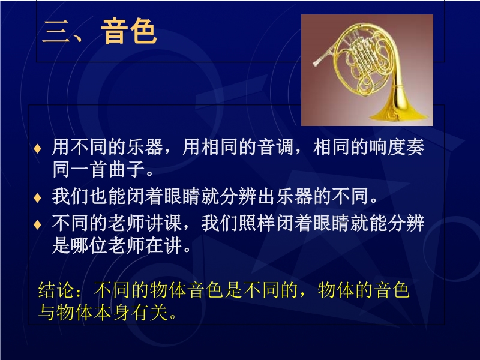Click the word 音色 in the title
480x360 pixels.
(x=128, y=31)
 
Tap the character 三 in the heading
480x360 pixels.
(x=56, y=32)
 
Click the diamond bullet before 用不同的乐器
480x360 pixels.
(x=37, y=148)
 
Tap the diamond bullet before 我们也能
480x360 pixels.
(x=37, y=197)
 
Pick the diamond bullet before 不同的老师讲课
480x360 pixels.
(x=37, y=224)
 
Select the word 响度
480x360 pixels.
(x=388, y=146)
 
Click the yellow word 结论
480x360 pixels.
(x=56, y=290)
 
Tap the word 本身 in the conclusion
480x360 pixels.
(x=112, y=312)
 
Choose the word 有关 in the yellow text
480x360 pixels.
(x=149, y=312)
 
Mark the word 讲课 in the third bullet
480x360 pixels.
(x=164, y=223)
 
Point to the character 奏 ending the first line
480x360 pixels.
(x=415, y=146)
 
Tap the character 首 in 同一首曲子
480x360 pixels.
(x=99, y=169)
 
